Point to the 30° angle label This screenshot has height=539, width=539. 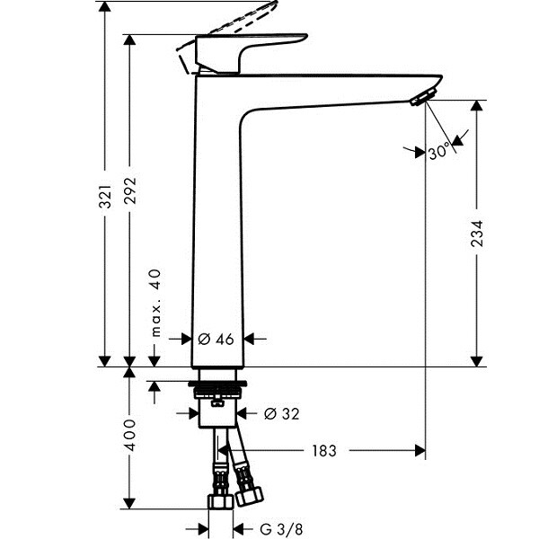(438, 153)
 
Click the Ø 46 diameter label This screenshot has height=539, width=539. (215, 339)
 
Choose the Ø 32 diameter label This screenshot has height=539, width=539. (281, 414)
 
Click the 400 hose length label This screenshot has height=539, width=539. (130, 435)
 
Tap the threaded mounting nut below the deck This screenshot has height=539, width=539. (216, 390)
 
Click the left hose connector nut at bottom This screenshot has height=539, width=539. (219, 500)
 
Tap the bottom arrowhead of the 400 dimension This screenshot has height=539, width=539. (130, 503)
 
